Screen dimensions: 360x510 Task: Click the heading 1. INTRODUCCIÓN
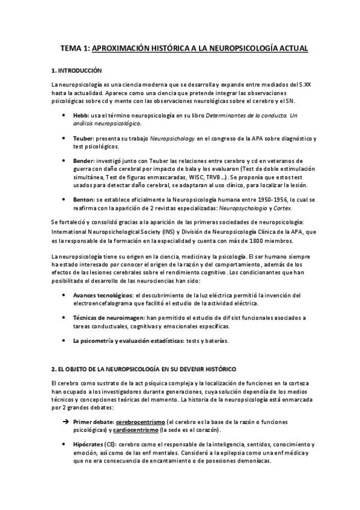click(x=77, y=70)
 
